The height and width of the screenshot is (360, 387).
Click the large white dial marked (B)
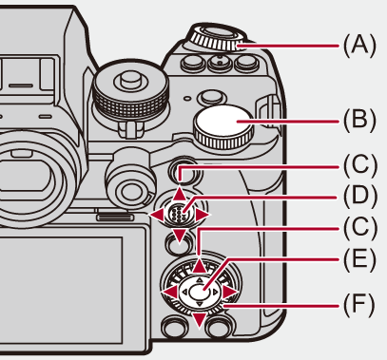click(223, 125)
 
